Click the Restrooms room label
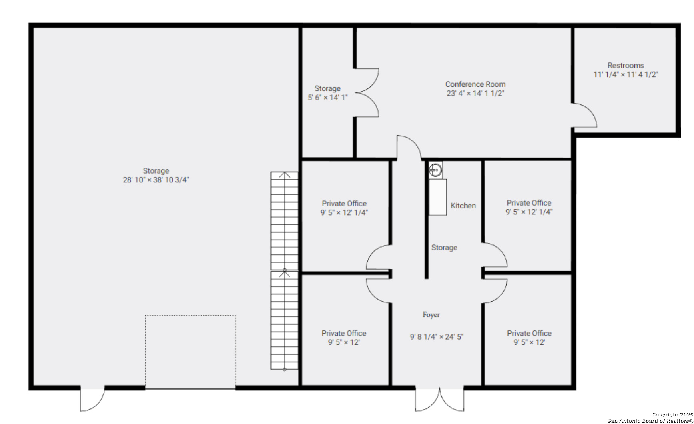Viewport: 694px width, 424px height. tap(626, 65)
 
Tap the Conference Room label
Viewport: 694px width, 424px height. tap(475, 84)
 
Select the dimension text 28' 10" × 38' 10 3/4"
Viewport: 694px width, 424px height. tap(156, 180)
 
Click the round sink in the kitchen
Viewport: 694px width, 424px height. tap(435, 170)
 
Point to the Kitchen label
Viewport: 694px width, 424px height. tap(463, 206)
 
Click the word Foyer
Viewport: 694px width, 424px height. tap(431, 315)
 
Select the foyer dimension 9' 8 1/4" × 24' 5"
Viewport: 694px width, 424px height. tap(436, 337)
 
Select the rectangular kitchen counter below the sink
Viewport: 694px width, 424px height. tap(438, 197)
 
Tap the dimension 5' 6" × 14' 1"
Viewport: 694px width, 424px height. tap(327, 98)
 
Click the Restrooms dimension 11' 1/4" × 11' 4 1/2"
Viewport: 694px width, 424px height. tap(626, 74)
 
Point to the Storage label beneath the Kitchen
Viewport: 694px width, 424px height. tap(444, 248)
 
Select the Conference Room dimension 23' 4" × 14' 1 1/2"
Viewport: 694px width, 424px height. tap(475, 93)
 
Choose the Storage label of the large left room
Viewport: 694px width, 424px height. tap(156, 171)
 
